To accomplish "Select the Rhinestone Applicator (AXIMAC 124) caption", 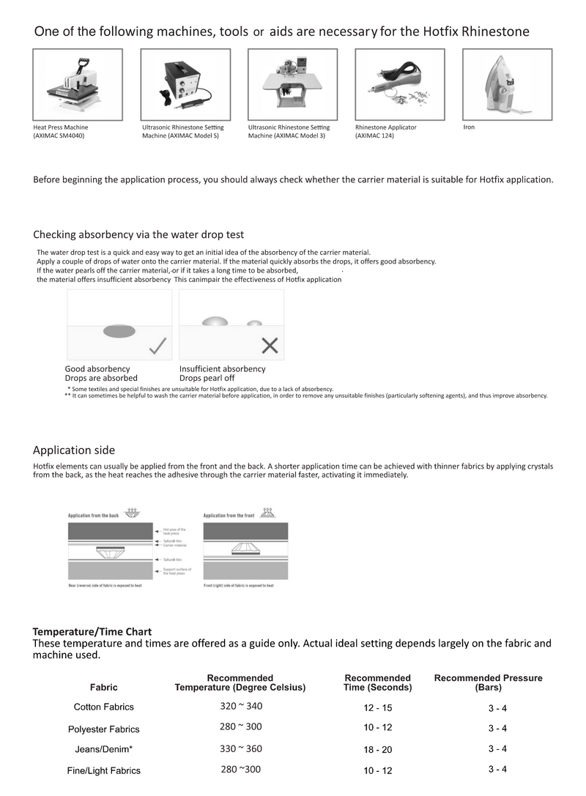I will [x=386, y=132].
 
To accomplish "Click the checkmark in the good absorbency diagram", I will [x=157, y=346].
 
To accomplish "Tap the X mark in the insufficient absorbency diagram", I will [x=270, y=346].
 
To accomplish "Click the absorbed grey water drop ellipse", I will [x=119, y=332].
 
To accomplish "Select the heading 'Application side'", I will [x=74, y=450].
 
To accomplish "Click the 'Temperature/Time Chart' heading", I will [x=92, y=631].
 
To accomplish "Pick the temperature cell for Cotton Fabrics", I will [x=241, y=707].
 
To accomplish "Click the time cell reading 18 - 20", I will [x=378, y=750].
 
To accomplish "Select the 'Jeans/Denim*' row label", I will [x=104, y=749].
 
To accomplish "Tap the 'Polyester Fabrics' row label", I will [x=104, y=729].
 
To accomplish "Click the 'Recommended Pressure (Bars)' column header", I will [x=488, y=682].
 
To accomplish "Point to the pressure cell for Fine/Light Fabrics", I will [x=497, y=769].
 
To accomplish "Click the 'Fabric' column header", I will [x=104, y=688].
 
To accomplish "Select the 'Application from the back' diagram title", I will [x=93, y=516].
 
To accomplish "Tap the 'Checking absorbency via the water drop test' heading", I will [x=138, y=234].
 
